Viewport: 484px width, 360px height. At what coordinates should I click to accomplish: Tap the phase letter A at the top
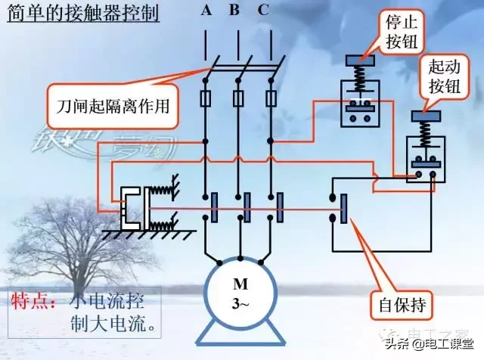pos(206,11)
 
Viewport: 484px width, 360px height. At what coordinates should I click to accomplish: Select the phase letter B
pos(234,11)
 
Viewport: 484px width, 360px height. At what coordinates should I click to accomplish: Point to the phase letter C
pos(262,11)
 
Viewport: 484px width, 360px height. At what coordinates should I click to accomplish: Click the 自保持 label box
pos(404,308)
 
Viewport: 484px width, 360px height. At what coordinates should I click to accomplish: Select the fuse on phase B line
pos(238,99)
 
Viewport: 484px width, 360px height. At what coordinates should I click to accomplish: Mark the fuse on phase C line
pos(270,99)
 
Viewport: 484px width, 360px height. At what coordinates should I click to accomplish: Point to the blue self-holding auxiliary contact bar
pos(345,208)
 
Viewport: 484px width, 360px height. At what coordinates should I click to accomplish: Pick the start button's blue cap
pos(427,116)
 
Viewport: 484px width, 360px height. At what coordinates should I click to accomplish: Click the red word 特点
pos(32,301)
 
